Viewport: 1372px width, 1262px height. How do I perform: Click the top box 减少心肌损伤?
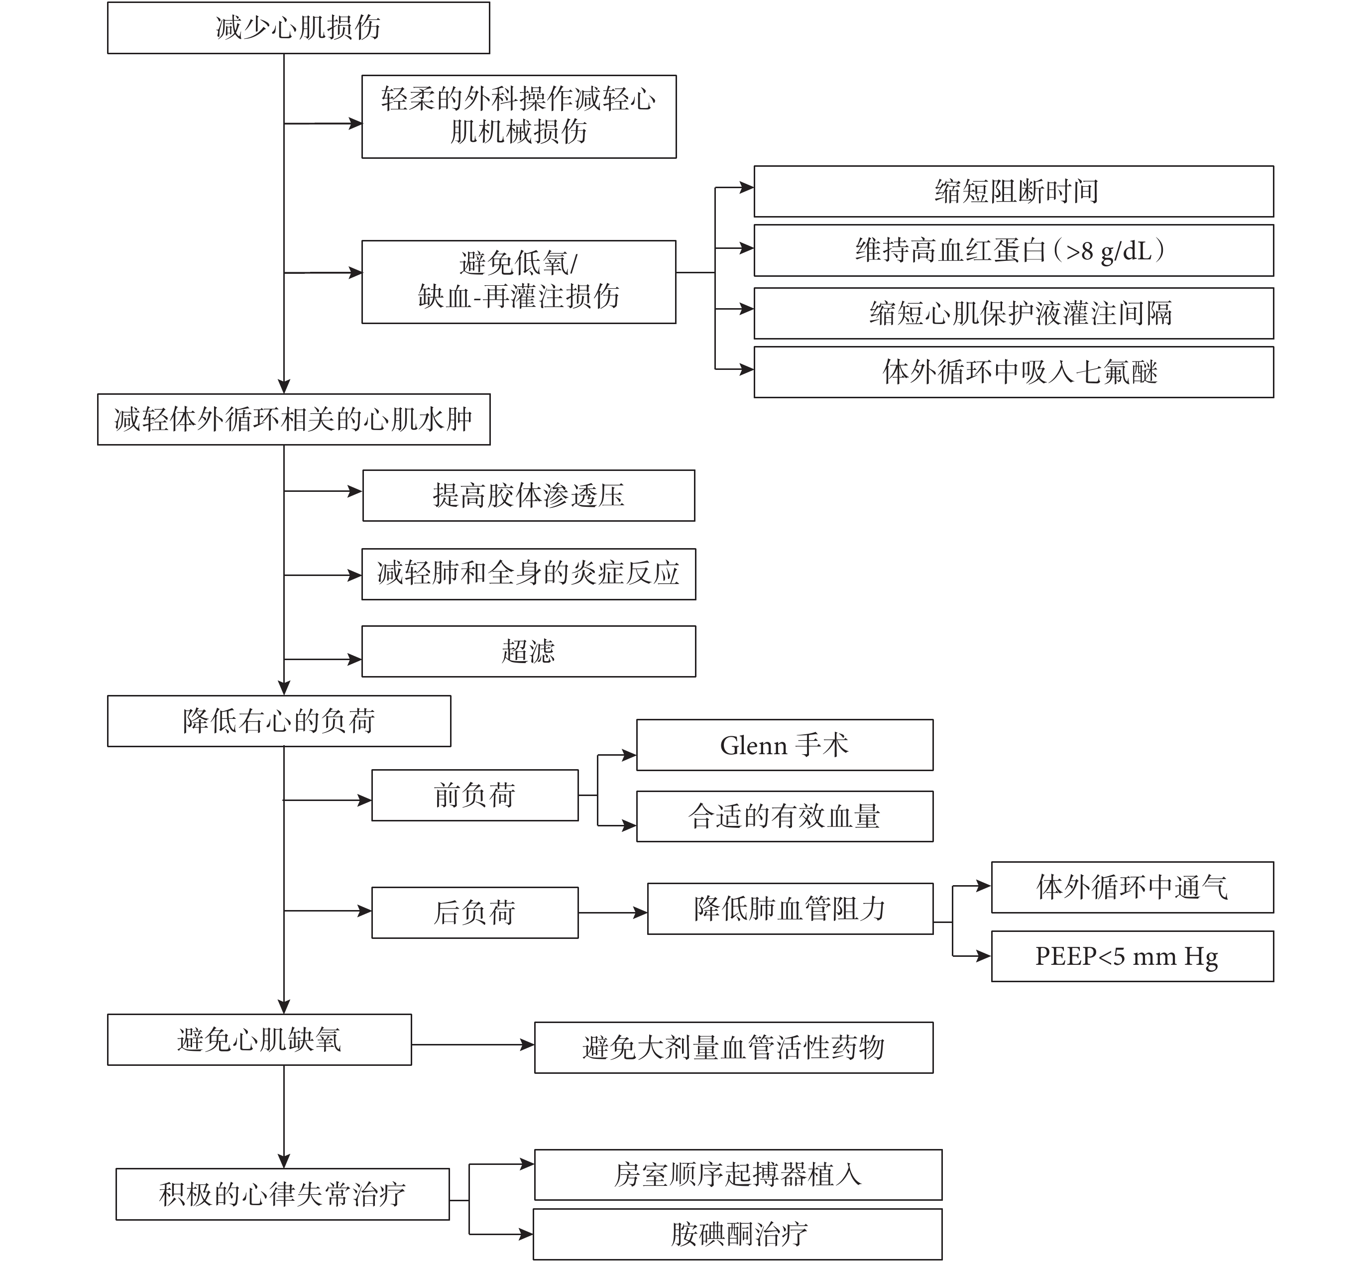298,28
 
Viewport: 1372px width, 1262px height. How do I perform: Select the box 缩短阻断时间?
1014,191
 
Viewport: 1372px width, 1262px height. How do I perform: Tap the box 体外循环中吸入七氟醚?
1014,372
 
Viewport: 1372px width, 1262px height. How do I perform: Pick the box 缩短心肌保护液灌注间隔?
1014,314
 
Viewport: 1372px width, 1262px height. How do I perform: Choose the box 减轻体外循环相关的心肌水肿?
294,419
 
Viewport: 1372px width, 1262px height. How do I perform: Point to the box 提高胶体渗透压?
529,496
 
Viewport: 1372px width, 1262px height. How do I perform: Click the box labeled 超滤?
529,652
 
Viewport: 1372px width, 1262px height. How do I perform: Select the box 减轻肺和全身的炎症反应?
529,574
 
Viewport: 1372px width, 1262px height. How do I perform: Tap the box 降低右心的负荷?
279,721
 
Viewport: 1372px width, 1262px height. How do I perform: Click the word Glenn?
754,746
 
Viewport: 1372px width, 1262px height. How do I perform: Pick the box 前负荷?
474,796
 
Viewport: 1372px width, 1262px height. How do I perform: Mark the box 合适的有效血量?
785,817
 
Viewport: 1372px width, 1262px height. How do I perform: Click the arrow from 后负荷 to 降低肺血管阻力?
613,913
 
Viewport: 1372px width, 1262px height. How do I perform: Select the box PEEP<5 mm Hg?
1132,957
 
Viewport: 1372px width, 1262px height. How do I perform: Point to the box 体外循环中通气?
1132,888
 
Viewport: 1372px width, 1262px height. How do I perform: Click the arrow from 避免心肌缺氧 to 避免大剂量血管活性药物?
472,1045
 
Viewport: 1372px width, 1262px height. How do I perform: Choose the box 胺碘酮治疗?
738,1235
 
